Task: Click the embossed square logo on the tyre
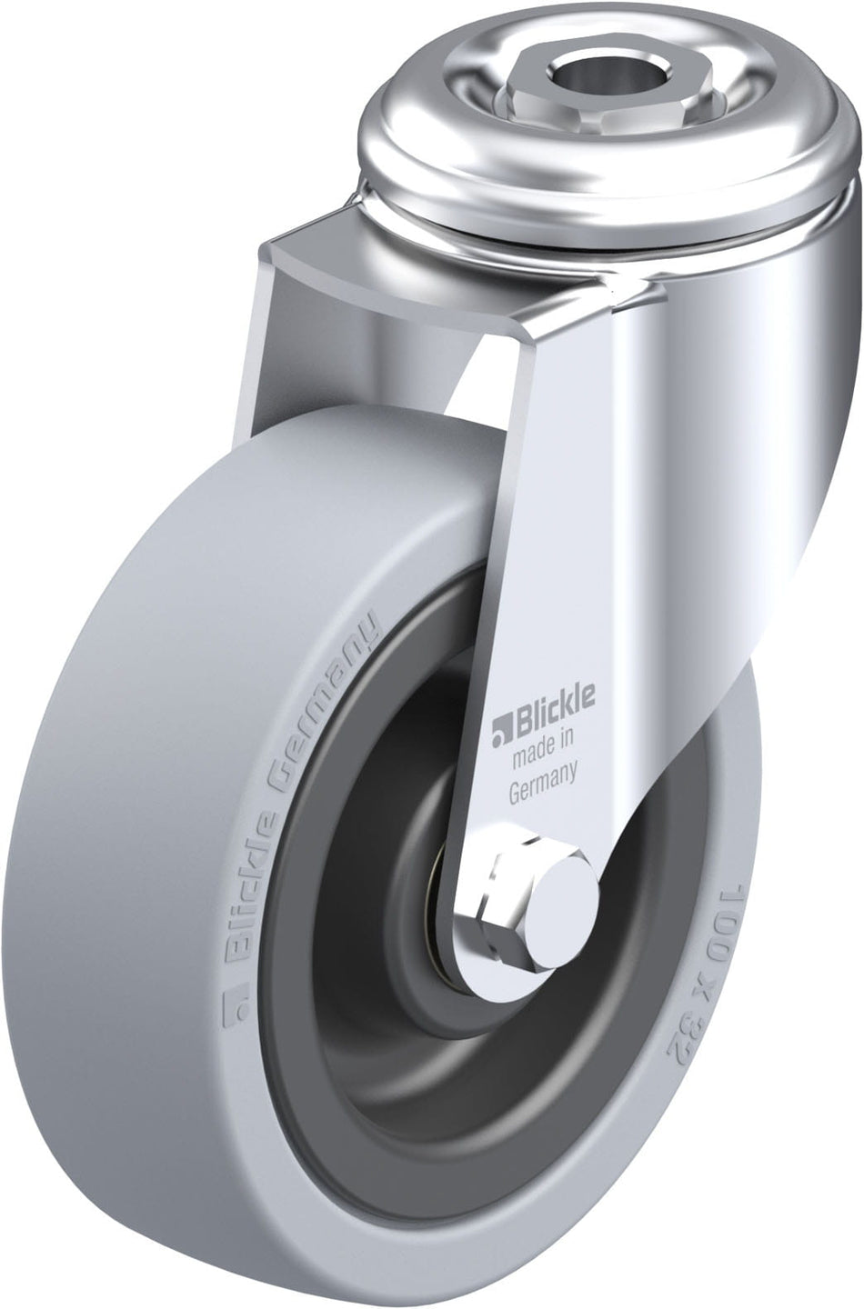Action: pyautogui.click(x=235, y=1005)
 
